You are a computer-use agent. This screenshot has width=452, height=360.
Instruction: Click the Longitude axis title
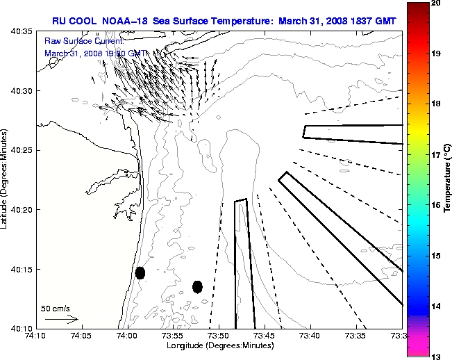coord(219,345)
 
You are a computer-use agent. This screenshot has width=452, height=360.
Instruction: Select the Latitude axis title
coord(6,180)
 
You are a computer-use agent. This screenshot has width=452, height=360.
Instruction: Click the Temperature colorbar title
coord(447,180)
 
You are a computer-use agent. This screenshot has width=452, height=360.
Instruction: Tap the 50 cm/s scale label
coord(56,308)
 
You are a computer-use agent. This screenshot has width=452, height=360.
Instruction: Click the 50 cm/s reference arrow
coord(61,320)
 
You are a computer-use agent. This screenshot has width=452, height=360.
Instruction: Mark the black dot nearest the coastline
coord(140,272)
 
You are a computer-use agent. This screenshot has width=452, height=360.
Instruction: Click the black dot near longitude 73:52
coord(197,286)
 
